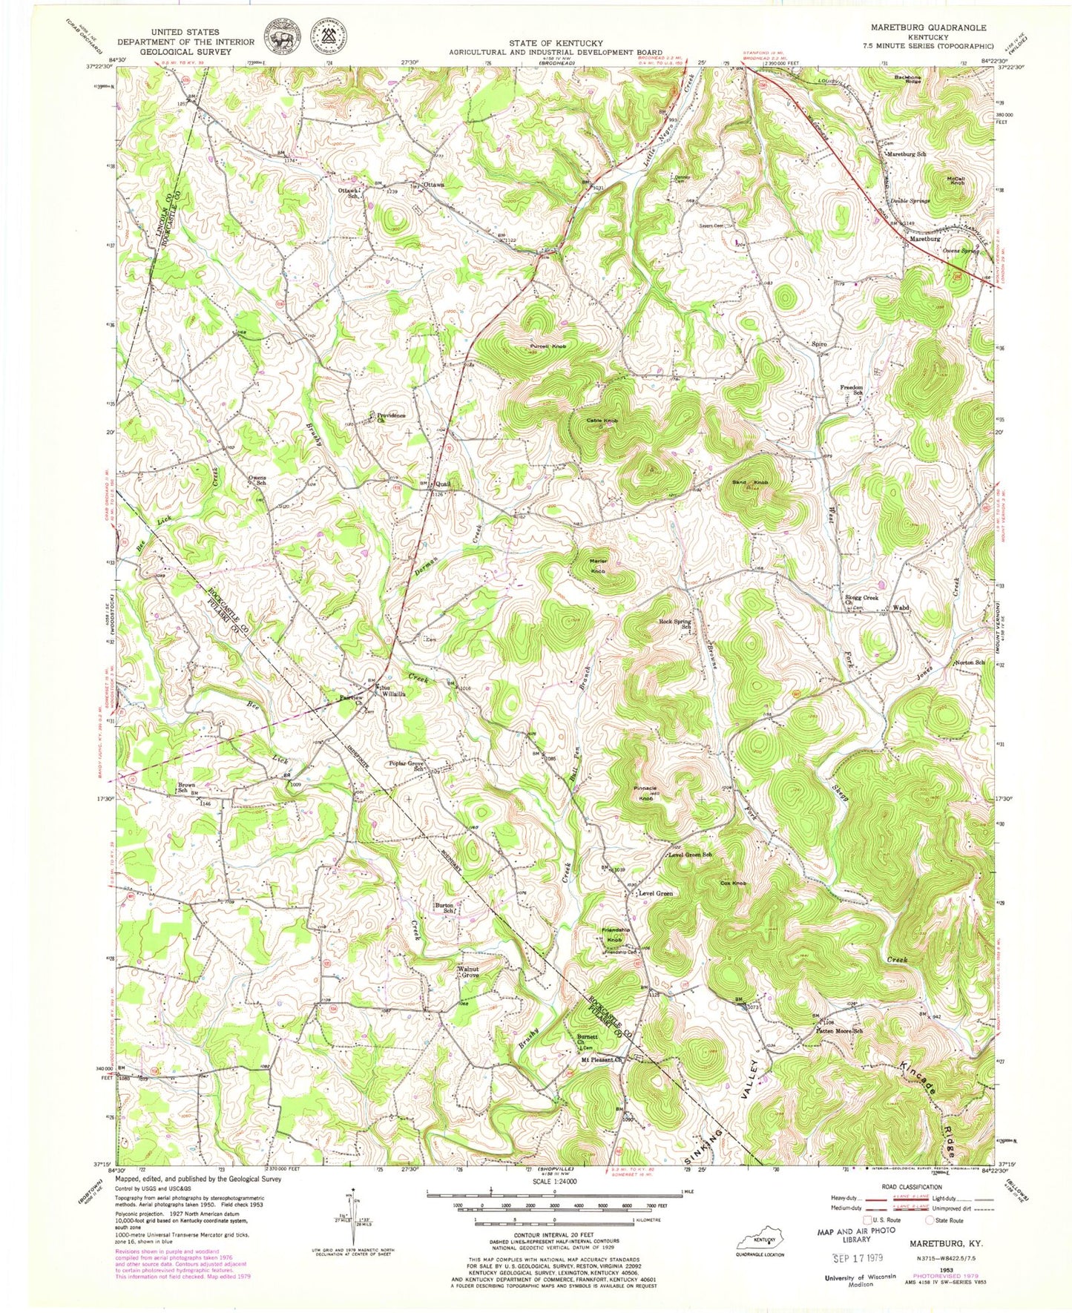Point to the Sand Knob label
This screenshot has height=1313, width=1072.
click(750, 483)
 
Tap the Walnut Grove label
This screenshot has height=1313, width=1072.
click(469, 972)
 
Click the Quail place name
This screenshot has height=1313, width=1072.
click(443, 484)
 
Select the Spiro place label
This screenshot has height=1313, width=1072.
click(819, 344)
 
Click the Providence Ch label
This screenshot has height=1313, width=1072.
click(391, 418)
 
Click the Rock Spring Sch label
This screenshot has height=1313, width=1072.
click(676, 625)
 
